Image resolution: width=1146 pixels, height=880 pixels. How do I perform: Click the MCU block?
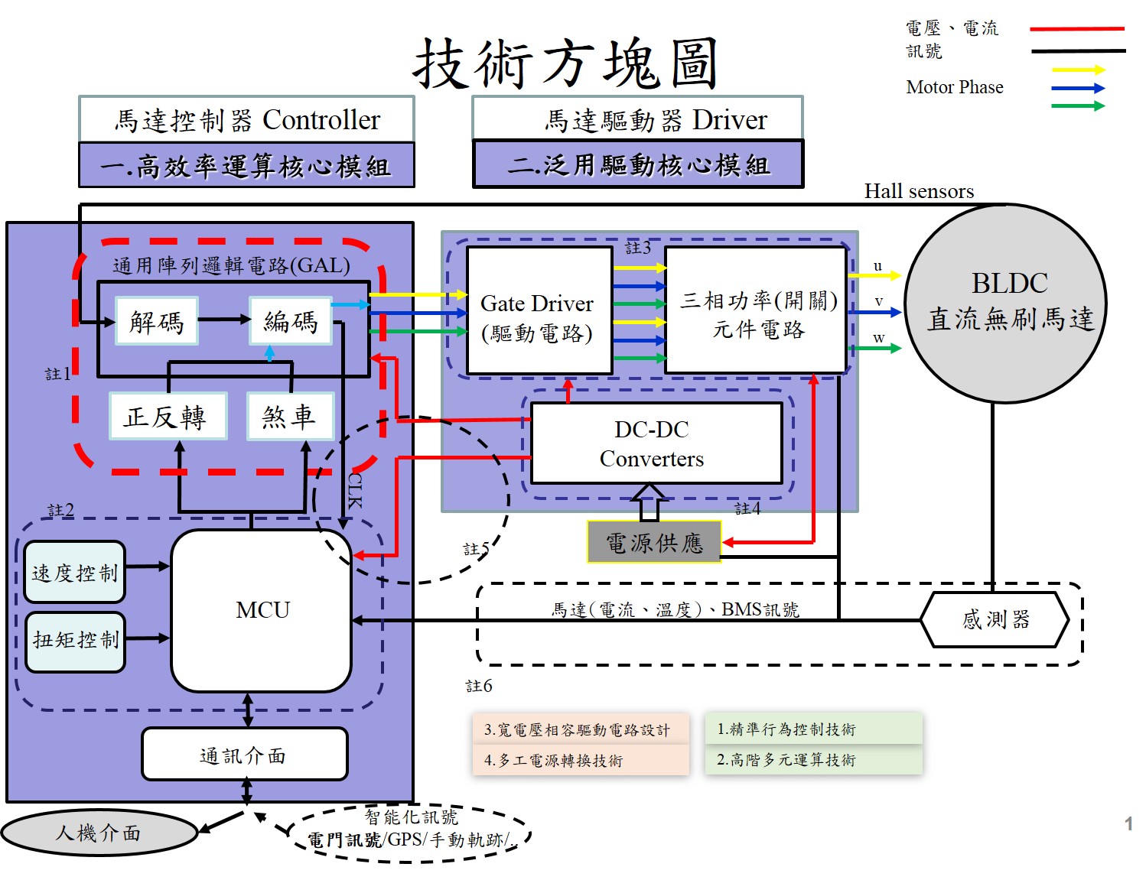tap(262, 610)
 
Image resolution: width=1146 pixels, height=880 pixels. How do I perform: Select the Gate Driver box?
tap(539, 311)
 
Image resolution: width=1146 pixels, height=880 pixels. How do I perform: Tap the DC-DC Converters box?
tap(656, 443)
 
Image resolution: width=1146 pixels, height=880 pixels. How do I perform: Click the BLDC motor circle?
tap(1005, 303)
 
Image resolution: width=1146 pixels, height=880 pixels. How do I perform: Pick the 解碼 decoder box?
tap(157, 321)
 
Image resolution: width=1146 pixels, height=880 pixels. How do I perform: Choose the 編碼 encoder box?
tap(291, 321)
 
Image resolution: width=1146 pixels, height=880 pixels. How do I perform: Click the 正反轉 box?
tap(168, 417)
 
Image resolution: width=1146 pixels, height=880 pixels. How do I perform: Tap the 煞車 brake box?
tap(290, 417)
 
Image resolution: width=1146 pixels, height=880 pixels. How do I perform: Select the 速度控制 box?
tap(74, 573)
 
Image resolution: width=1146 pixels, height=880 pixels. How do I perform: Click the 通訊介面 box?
tap(244, 755)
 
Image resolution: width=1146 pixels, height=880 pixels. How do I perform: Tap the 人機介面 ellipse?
tap(99, 833)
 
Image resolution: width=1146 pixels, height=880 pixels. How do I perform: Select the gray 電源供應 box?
tap(654, 543)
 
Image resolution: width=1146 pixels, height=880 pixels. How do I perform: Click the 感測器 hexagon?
tap(994, 619)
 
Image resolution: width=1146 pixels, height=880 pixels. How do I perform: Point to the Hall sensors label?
tap(919, 191)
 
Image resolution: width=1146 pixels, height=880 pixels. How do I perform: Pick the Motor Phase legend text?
tap(954, 87)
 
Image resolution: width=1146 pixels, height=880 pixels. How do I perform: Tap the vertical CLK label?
tap(355, 490)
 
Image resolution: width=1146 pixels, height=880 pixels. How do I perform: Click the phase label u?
tap(877, 266)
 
